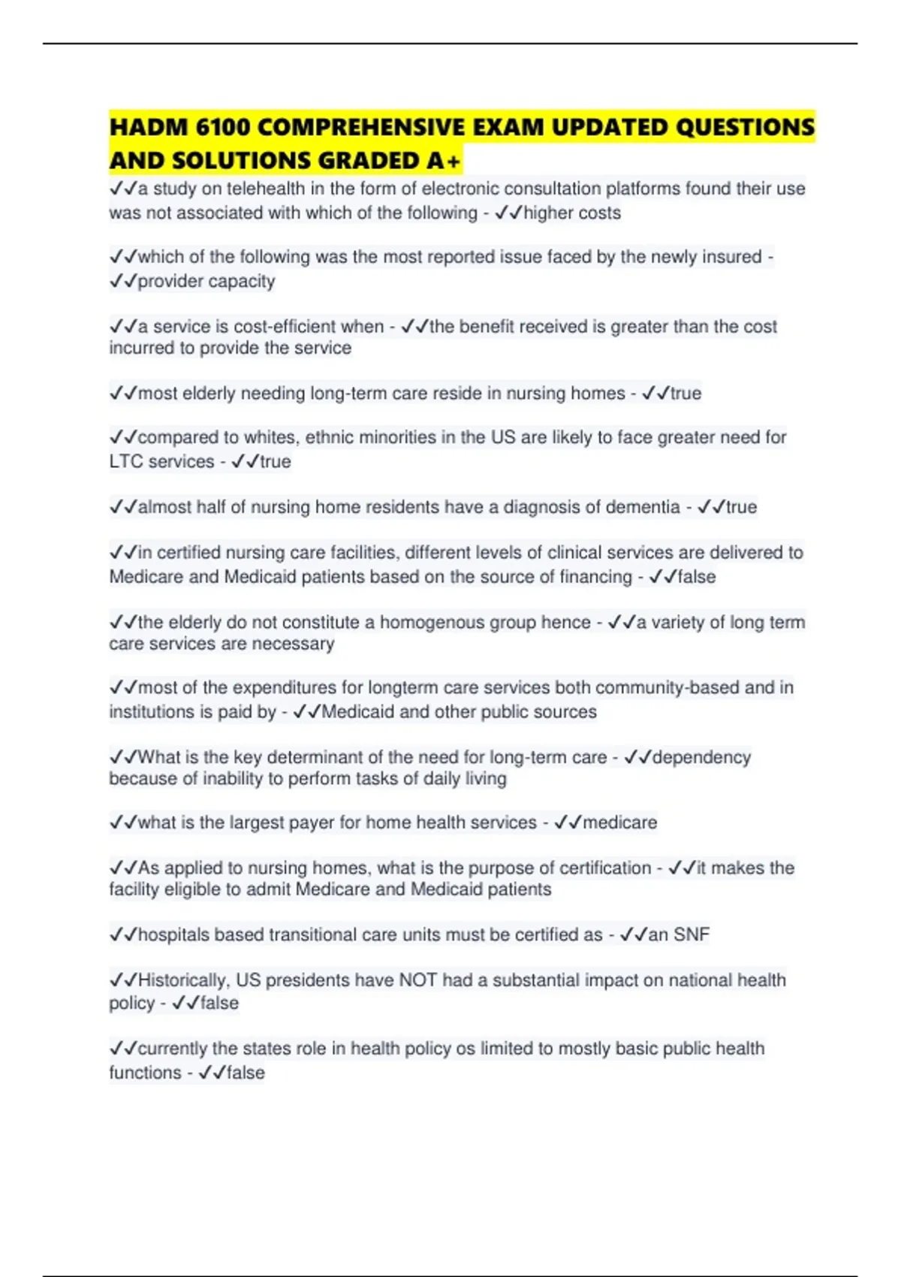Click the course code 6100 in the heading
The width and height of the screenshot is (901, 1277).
click(x=222, y=127)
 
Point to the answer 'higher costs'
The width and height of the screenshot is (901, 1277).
click(x=572, y=213)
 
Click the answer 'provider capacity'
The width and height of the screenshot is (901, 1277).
click(x=206, y=281)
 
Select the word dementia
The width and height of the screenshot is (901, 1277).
click(x=643, y=507)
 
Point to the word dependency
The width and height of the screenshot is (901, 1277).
click(x=701, y=757)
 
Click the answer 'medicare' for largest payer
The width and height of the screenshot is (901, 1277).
click(x=620, y=823)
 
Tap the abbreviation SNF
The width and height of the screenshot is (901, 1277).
click(x=692, y=934)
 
